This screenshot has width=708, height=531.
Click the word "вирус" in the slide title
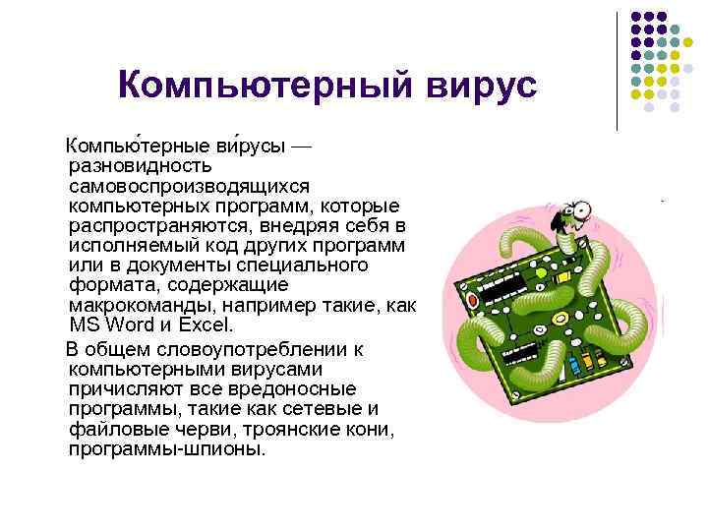tap(481, 86)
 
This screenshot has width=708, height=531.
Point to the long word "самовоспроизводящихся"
tap(190, 185)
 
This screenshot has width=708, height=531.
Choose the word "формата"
tap(106, 285)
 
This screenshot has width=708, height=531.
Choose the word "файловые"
tap(114, 430)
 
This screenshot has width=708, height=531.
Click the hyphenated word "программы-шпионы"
tap(167, 450)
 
